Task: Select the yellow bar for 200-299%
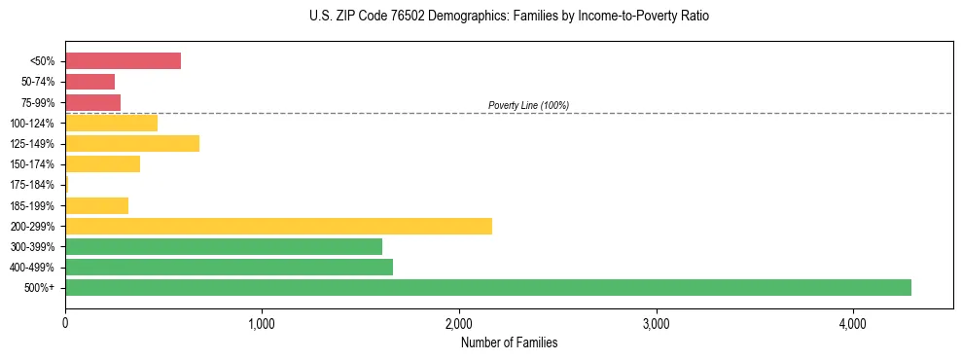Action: coord(278,226)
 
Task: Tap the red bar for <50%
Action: coord(123,61)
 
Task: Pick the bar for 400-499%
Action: coord(229,267)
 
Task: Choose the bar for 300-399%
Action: coord(224,246)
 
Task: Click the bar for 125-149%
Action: coord(132,144)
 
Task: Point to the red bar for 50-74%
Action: coord(89,82)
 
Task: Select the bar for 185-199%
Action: coord(96,205)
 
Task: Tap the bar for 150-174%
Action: coord(102,164)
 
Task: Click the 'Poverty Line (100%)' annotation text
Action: coord(528,105)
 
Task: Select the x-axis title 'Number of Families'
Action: coord(509,342)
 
